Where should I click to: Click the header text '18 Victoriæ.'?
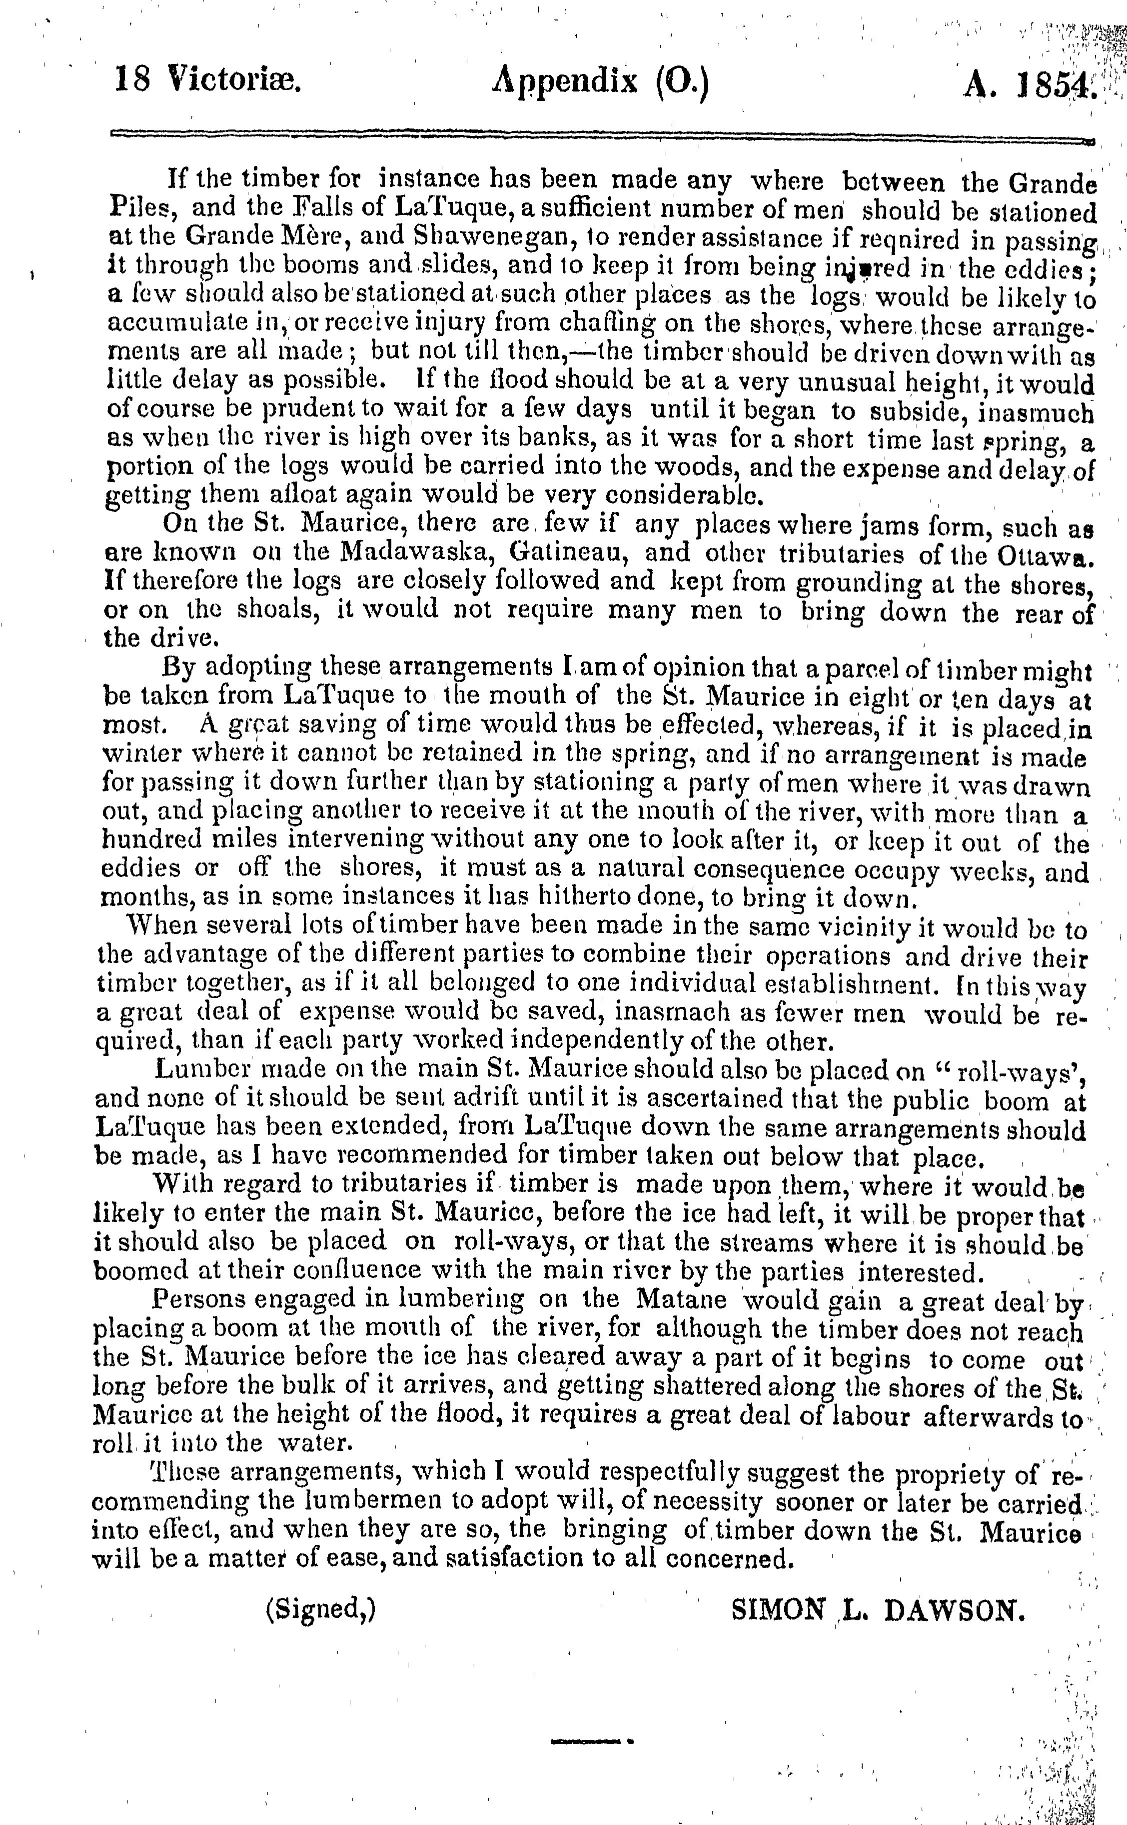207,79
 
